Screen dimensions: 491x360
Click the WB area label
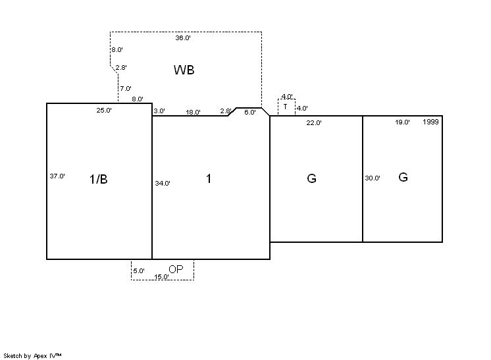[184, 70]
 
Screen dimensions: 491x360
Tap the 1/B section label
[98, 179]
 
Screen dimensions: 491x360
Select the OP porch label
[176, 269]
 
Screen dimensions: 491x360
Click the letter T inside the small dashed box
[285, 107]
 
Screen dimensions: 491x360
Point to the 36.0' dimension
[183, 38]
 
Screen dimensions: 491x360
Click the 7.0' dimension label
[126, 89]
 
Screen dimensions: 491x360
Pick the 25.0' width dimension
[104, 110]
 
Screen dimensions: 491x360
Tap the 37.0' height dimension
[57, 176]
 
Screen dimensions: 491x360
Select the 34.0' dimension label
[163, 184]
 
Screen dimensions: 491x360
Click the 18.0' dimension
[193, 112]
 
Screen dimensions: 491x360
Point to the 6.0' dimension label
[250, 113]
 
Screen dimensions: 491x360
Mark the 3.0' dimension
[159, 111]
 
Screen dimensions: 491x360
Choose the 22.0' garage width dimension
[314, 122]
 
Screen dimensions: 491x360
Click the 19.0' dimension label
[402, 122]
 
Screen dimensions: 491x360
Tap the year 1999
[430, 122]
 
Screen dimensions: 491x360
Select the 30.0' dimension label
[373, 178]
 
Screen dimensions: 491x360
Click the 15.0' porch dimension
[161, 276]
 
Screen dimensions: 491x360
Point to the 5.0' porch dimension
[139, 270]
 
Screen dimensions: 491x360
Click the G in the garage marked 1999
[403, 177]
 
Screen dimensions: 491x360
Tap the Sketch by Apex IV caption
[32, 356]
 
